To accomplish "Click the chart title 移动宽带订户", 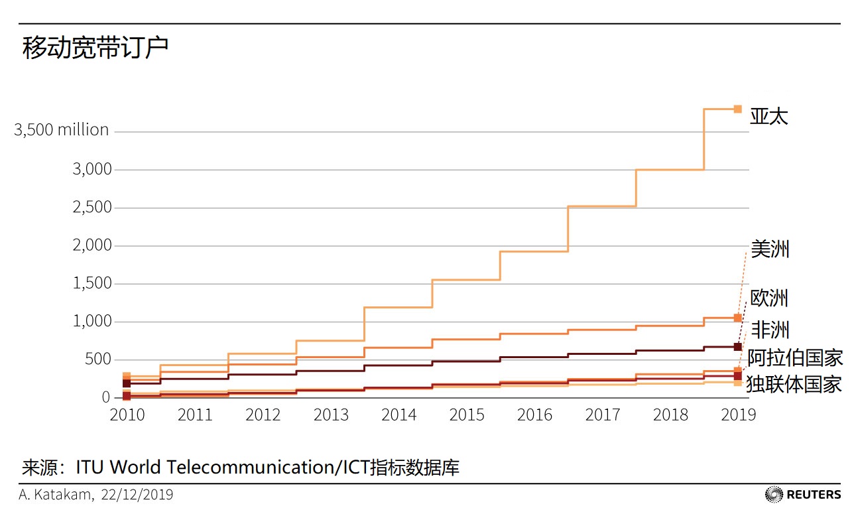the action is (95, 48).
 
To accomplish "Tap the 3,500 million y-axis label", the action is (62, 130).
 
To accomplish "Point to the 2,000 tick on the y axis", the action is (92, 245).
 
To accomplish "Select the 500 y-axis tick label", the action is (98, 359).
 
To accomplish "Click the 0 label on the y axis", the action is (106, 397).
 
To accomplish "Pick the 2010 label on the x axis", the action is (127, 415).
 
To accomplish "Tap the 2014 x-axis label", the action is (398, 415).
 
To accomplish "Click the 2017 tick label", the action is (603, 415).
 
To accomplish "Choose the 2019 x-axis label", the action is (739, 415).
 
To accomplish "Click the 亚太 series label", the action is (769, 116).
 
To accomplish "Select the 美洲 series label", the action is (770, 249).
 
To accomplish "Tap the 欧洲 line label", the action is (769, 298).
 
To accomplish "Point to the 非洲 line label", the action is (770, 330).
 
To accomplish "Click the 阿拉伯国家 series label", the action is (795, 358).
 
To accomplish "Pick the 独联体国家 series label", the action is (794, 384).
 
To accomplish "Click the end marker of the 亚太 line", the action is (738, 109).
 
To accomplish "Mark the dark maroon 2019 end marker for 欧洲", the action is (738, 347).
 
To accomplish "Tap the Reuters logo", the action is (803, 495).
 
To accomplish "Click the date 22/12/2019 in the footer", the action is (137, 495).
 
